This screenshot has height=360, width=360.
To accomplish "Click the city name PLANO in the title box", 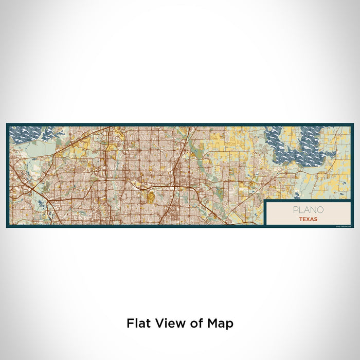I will (309, 209).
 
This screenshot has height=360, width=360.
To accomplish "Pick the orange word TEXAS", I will (309, 219).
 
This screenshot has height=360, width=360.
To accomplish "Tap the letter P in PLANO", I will (296, 209).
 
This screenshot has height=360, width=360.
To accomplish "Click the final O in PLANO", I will (321, 209).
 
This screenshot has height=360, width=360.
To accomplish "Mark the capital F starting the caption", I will (130, 323).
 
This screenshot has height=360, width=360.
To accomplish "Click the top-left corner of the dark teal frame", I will (7, 124).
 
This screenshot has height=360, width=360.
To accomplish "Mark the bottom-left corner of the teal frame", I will (7, 226).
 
